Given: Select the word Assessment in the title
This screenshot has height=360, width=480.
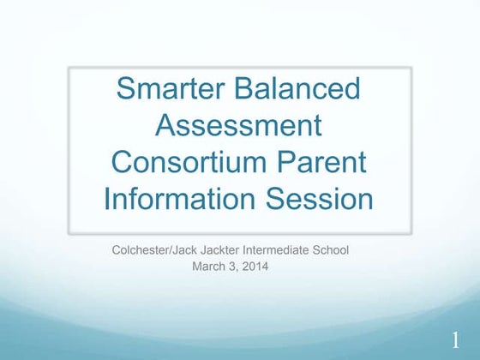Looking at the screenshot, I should [x=239, y=125].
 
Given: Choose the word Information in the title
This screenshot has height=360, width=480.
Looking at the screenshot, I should [x=179, y=199].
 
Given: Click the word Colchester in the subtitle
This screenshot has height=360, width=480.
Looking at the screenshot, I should [x=142, y=250].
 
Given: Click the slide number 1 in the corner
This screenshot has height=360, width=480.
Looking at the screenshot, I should [x=456, y=340].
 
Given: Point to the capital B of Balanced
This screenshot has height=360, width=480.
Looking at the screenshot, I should [x=243, y=88].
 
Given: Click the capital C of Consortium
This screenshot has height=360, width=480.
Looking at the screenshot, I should [x=123, y=162].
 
